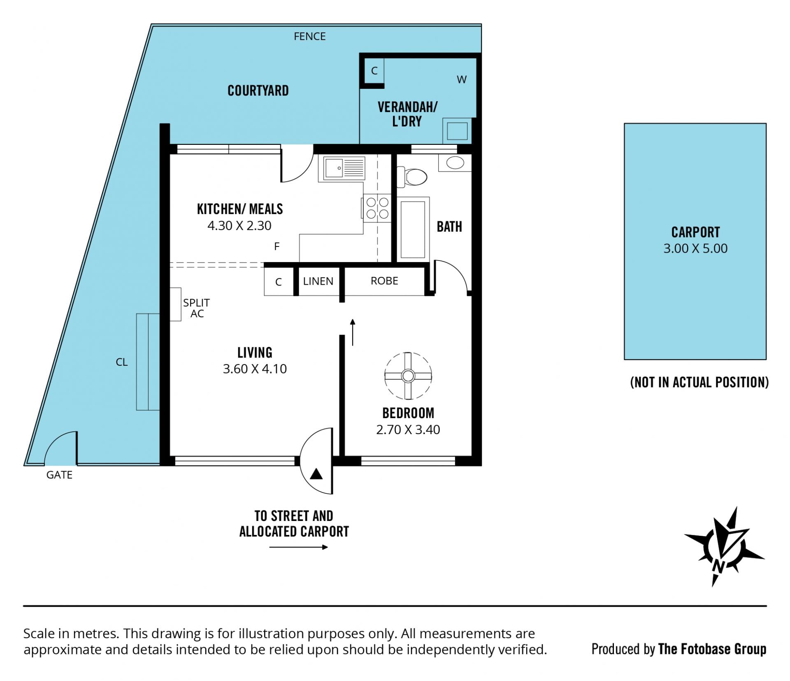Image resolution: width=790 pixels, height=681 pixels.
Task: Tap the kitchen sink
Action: pos(344,168)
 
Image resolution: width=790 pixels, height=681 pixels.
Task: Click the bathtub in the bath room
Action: pos(413,229)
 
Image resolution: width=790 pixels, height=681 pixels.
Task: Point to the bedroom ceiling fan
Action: pos(408,376)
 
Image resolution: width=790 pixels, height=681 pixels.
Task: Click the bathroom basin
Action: pos(455,163)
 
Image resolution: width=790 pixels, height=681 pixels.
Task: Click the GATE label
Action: pos(59,475)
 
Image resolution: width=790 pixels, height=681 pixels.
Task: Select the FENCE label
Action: pos(309,37)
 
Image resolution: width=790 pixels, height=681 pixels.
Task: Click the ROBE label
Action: pos(384,281)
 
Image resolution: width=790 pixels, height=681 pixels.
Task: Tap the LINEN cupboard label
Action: pos(318,281)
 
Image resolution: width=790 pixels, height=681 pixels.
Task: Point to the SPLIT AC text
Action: pos(196,308)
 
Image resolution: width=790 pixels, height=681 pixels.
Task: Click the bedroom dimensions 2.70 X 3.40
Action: pos(408,430)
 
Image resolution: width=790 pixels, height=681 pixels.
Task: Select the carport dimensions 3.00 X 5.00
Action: pos(695,249)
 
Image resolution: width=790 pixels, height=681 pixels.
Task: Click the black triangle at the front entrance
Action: pos(316,474)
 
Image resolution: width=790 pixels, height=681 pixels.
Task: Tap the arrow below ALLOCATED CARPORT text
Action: pos(298,547)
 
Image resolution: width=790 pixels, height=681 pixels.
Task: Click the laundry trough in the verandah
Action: pos(457,130)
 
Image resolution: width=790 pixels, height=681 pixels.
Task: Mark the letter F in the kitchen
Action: pos(277,246)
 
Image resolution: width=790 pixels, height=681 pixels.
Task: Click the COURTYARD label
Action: pos(258,91)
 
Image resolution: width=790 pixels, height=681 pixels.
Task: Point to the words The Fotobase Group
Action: pos(712,649)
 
